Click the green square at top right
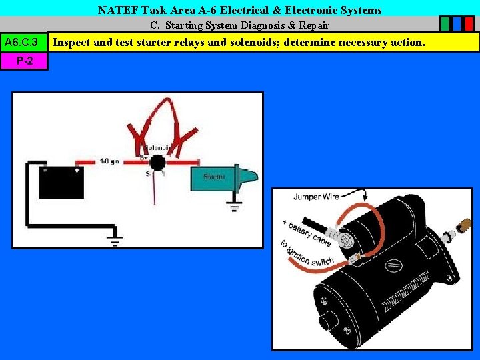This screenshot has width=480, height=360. pos(445,24)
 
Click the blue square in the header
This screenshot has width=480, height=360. pos(457,24)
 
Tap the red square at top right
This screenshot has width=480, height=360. pos(469,24)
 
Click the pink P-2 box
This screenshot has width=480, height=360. pos(24,61)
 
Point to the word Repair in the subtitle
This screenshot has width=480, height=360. pos(313,25)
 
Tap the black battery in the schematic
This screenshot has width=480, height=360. pos(61,181)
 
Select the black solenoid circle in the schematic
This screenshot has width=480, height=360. pos(157,162)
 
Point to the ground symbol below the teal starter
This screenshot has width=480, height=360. pos(234,203)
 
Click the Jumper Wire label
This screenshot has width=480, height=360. pos(316,196)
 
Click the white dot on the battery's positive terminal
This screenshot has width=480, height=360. pos(77,169)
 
